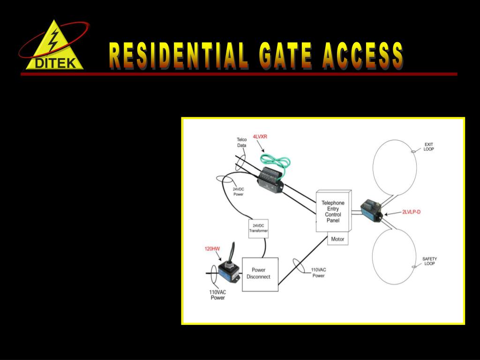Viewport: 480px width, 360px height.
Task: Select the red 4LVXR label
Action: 260,136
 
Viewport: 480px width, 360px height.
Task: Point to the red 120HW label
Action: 212,249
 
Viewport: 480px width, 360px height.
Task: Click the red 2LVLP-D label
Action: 411,212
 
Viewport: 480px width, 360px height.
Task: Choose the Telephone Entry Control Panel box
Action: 333,211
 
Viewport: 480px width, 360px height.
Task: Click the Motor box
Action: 337,239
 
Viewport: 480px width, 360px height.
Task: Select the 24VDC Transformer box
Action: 258,228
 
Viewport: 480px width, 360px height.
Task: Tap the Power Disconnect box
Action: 260,274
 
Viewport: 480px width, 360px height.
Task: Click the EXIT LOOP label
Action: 429,147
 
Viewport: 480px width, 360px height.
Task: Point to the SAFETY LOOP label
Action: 429,261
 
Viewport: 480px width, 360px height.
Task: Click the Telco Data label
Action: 241,142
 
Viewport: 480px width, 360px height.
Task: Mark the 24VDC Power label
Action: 238,192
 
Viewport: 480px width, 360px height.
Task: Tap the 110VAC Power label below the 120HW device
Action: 217,295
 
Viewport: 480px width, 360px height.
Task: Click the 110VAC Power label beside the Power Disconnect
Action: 319,273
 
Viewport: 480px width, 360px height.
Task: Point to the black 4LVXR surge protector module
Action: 270,180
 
